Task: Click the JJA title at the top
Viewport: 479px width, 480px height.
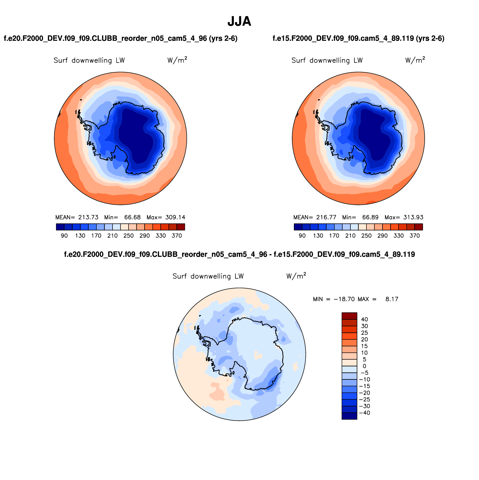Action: (x=239, y=21)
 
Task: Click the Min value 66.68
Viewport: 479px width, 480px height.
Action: (x=132, y=217)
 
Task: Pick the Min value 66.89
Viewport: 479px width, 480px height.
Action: (x=370, y=217)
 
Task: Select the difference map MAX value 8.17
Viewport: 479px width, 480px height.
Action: (x=392, y=299)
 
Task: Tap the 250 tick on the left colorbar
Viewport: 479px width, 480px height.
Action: (x=129, y=235)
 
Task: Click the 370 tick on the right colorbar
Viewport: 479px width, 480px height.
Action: (x=415, y=235)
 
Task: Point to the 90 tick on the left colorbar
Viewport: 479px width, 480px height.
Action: (x=64, y=235)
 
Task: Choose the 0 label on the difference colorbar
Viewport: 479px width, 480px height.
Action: (x=364, y=366)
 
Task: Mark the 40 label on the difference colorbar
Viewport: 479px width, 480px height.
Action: (x=364, y=319)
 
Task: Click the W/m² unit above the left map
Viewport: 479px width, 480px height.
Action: (x=177, y=60)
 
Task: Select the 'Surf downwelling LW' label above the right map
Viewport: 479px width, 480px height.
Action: (x=327, y=60)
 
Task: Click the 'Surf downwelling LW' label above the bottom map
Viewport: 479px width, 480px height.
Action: (x=208, y=276)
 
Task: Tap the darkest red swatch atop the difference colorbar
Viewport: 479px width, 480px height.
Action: (x=349, y=316)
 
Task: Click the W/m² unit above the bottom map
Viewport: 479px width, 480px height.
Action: (x=296, y=276)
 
